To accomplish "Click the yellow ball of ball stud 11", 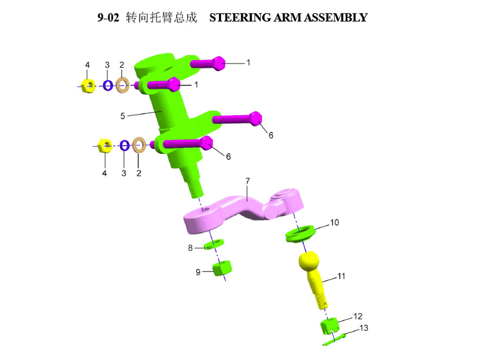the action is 309,261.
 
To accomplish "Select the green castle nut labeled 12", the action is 329,326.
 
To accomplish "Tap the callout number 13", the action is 363,328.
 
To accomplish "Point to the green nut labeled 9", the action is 222,268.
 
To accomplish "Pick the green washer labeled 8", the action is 214,244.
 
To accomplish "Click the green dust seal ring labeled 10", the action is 300,234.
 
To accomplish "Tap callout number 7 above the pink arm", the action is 248,181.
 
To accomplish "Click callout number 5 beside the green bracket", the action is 123,116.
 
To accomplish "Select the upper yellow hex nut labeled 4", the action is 88,86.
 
